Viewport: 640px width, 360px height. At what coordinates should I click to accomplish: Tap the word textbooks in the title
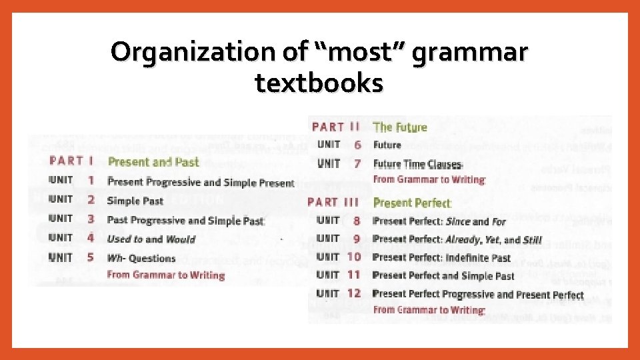319,83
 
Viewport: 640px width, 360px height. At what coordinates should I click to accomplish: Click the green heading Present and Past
153,162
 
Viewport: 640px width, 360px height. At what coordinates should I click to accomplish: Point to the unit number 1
91,181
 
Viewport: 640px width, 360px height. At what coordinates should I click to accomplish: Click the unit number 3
91,219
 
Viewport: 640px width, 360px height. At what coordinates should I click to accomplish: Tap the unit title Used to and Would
151,239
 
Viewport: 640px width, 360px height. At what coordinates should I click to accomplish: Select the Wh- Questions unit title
141,258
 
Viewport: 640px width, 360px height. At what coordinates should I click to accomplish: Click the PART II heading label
336,127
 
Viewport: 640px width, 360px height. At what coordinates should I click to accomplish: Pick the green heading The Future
400,127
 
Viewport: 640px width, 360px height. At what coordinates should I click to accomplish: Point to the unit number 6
358,145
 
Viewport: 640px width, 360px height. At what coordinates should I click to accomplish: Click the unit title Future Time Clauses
417,164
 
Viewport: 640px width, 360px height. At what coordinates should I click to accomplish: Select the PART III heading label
333,202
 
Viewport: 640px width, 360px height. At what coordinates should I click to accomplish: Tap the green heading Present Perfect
412,203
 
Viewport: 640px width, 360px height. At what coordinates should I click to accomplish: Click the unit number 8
356,221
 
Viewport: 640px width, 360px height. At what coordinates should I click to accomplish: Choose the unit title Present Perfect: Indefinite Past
441,257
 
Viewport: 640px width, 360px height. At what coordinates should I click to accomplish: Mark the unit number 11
354,275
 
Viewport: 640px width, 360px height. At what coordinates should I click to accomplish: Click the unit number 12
354,293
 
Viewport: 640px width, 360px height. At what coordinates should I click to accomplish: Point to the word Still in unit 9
532,239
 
